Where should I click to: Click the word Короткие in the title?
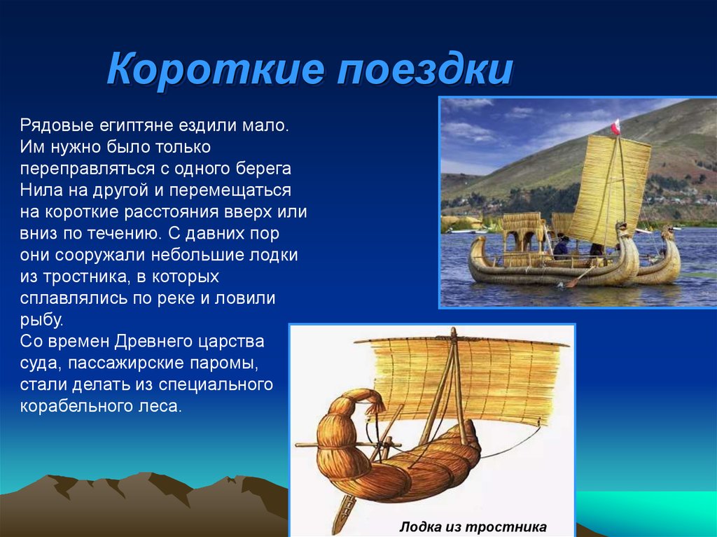coord(216,69)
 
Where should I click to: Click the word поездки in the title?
coord(425,70)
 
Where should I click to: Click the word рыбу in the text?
coord(41,320)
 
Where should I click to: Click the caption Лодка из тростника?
coord(473,527)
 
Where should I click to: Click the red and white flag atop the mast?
coord(615,127)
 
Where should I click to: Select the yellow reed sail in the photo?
coord(610,190)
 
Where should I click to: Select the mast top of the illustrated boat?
coord(453,333)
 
